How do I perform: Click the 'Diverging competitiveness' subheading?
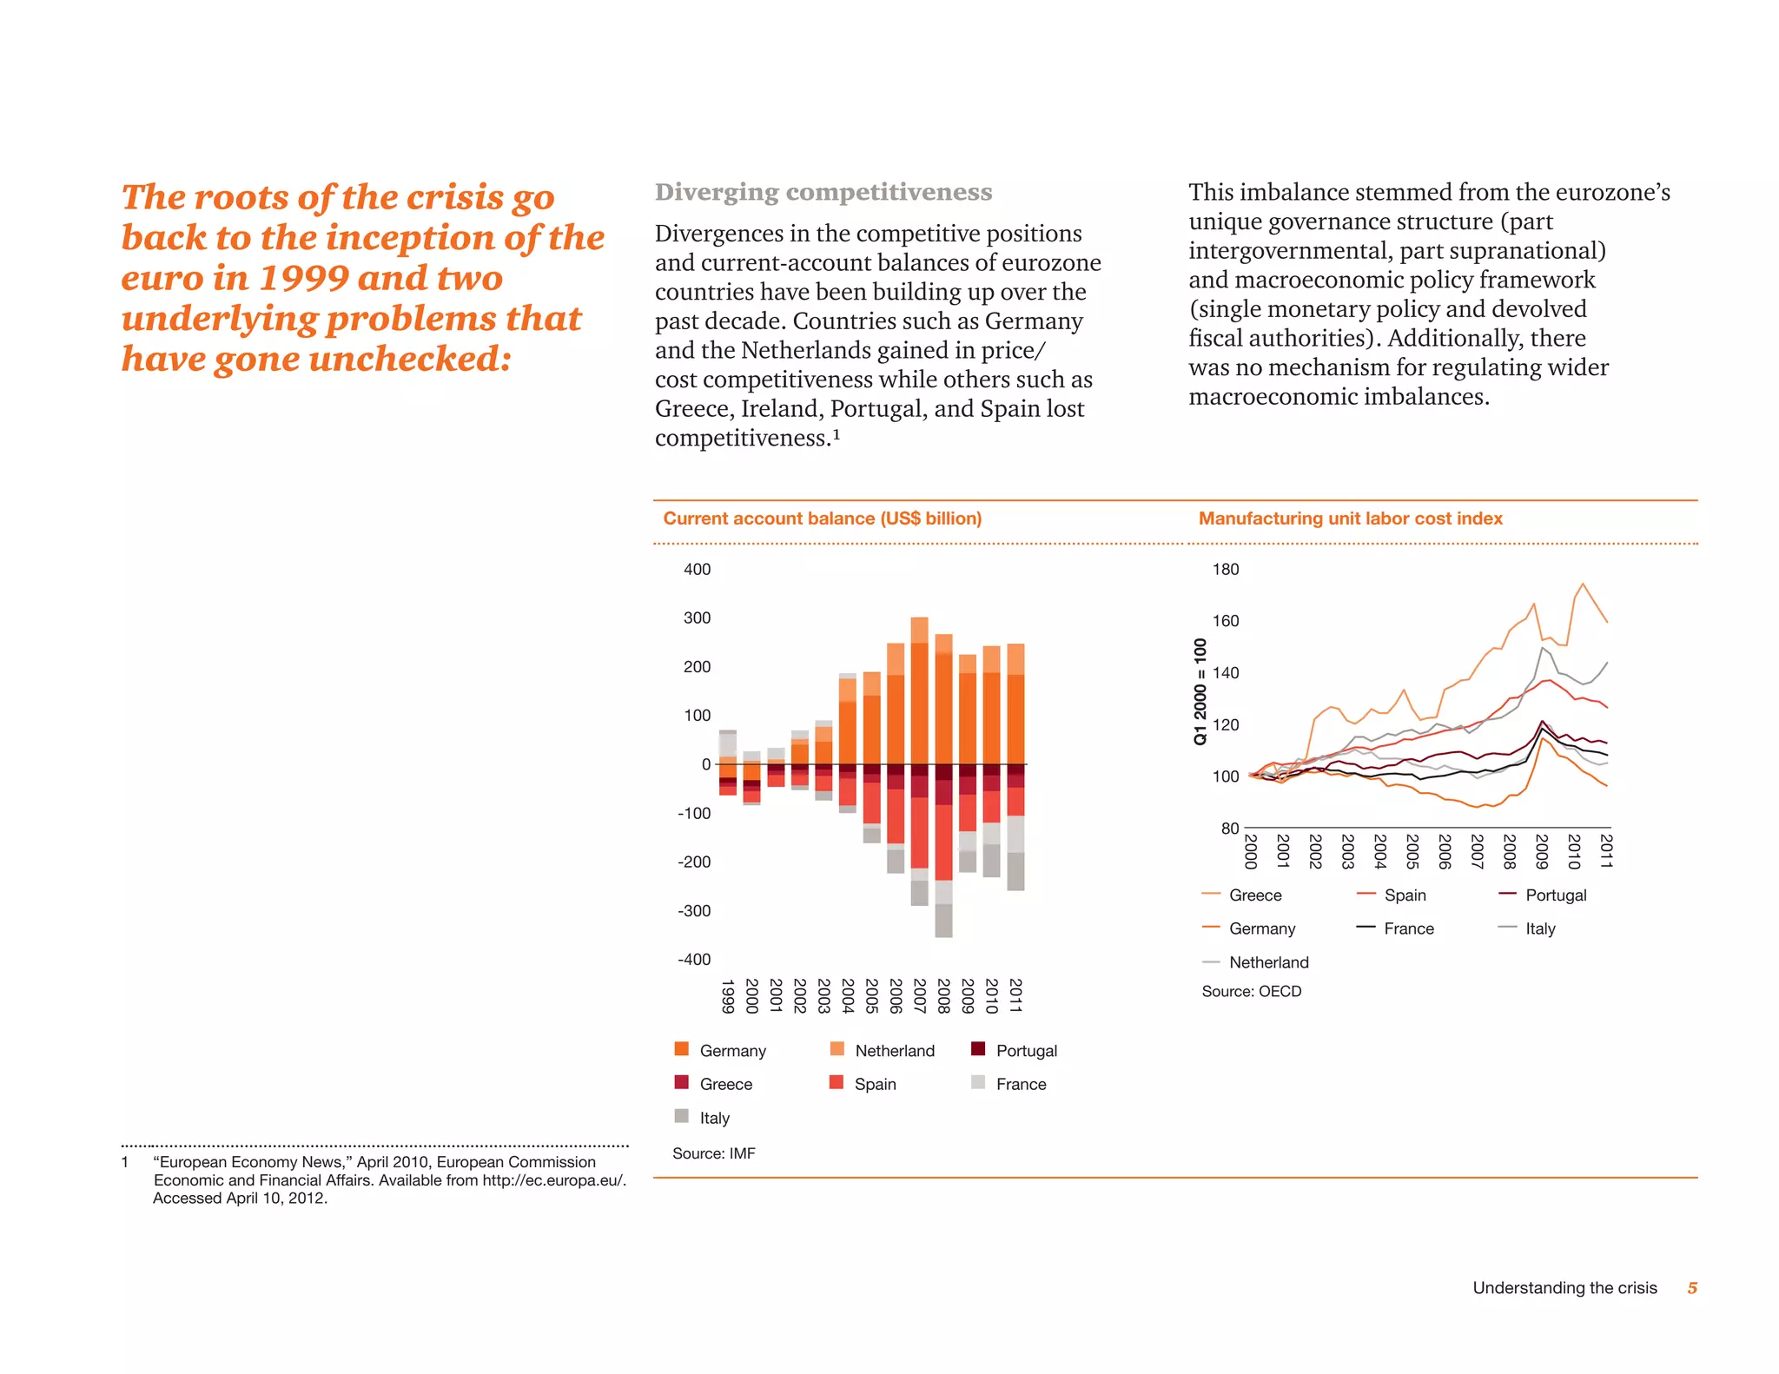pyautogui.click(x=823, y=192)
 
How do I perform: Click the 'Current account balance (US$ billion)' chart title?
pyautogui.click(x=822, y=519)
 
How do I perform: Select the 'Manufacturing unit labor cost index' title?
pyautogui.click(x=1350, y=519)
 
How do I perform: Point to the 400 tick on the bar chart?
pyautogui.click(x=697, y=570)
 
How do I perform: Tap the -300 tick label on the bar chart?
pyautogui.click(x=694, y=911)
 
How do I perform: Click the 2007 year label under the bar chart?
pyautogui.click(x=919, y=995)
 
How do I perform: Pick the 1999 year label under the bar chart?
pyautogui.click(x=728, y=995)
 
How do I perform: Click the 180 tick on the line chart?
pyautogui.click(x=1225, y=570)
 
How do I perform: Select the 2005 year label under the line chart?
pyautogui.click(x=1412, y=851)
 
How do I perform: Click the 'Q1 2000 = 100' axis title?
pyautogui.click(x=1200, y=691)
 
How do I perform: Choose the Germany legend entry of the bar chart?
pyautogui.click(x=732, y=1051)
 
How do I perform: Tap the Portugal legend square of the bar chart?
pyautogui.click(x=978, y=1049)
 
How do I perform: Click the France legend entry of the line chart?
pyautogui.click(x=1408, y=928)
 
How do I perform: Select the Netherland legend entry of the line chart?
pyautogui.click(x=1268, y=962)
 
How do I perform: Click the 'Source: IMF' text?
pyautogui.click(x=713, y=1153)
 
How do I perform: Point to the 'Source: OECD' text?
pyautogui.click(x=1251, y=991)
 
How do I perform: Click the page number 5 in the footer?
pyautogui.click(x=1691, y=1288)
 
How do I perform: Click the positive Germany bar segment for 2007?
pyautogui.click(x=919, y=704)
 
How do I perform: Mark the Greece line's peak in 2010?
pyautogui.click(x=1583, y=584)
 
